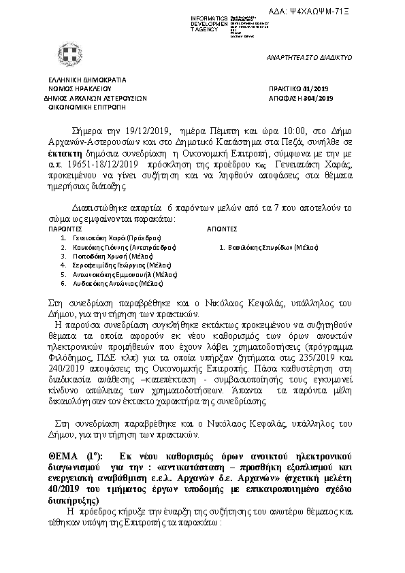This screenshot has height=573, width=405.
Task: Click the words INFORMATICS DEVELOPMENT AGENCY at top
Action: point(190,22)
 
